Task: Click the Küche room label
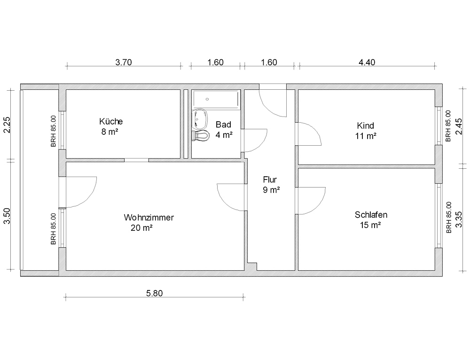click(111, 121)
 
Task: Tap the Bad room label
click(223, 125)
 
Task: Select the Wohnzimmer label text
click(149, 217)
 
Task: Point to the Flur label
click(270, 180)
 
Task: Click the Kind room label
click(365, 125)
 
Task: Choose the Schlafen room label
click(371, 215)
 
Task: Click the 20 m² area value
click(141, 228)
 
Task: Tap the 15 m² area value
click(370, 225)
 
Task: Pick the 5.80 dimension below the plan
click(154, 293)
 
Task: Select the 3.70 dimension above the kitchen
click(124, 63)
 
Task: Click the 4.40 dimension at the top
click(367, 63)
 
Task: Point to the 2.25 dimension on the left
click(7, 125)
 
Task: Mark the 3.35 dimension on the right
click(459, 219)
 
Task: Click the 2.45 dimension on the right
click(459, 126)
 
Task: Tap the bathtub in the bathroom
click(216, 99)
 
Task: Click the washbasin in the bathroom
click(200, 119)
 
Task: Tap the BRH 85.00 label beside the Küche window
click(54, 131)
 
